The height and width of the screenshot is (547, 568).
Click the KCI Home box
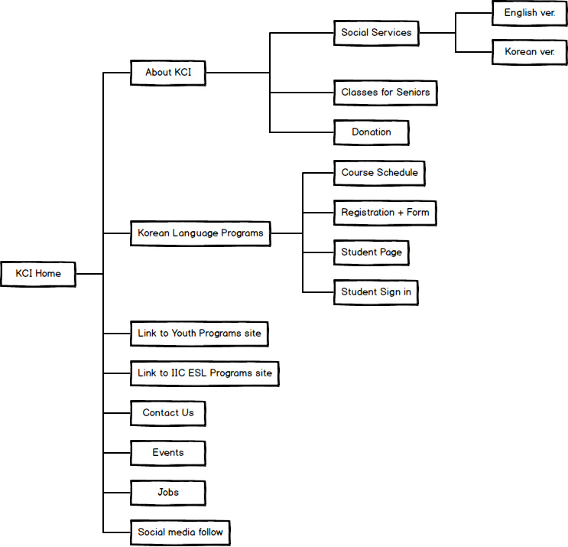coord(38,274)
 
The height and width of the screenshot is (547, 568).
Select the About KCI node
coord(168,73)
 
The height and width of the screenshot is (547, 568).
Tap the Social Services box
coord(376,33)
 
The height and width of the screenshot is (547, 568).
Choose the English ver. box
coord(529,13)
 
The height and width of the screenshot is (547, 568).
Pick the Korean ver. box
coord(529,52)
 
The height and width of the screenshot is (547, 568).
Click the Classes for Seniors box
coord(385,93)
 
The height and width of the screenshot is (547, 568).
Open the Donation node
coord(372,132)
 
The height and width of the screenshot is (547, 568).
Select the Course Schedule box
coord(379,173)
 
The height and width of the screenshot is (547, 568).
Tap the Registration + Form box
coord(385,213)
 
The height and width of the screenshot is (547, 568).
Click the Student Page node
coord(372,252)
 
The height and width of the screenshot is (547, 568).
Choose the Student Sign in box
coord(376,292)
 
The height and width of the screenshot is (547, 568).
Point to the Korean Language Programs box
coord(200,233)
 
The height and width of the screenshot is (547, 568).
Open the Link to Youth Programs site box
coord(200,334)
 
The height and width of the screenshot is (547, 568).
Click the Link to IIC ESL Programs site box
coord(205,374)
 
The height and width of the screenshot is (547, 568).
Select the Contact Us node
coord(168,413)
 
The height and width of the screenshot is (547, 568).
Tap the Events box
coord(168,453)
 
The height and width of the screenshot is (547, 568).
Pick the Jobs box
coord(168,493)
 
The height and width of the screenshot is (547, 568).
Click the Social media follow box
coord(180,533)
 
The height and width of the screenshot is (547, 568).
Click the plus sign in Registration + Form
coord(401,213)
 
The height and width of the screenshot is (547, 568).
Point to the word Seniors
coord(413,93)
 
